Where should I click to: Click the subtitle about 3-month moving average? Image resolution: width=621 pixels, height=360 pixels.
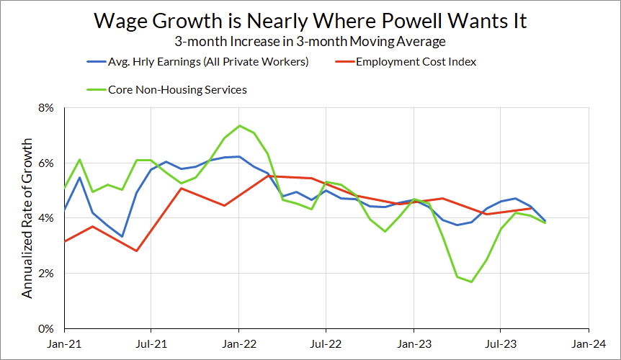(x=310, y=42)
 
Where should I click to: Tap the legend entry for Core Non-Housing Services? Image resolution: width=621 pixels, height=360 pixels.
(x=177, y=90)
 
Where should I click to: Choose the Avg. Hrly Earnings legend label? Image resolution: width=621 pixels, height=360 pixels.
(x=207, y=61)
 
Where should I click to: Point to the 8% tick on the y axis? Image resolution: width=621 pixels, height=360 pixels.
(x=46, y=108)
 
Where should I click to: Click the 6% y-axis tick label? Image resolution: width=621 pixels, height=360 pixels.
(x=46, y=163)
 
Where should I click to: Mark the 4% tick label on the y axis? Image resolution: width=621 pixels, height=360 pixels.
(x=46, y=218)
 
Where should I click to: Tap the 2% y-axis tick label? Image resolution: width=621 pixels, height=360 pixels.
(x=46, y=274)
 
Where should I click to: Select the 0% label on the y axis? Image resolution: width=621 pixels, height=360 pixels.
(x=46, y=328)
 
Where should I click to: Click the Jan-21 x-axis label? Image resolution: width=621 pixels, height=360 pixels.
(x=63, y=343)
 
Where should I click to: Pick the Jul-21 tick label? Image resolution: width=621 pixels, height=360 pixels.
(x=151, y=343)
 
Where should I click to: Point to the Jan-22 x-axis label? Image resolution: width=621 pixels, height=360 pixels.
(x=238, y=343)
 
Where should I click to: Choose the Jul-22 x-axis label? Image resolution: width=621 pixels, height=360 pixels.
(x=326, y=343)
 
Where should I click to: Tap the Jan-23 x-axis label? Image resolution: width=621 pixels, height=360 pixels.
(x=414, y=343)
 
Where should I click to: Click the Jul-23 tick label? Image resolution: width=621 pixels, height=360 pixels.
(x=501, y=343)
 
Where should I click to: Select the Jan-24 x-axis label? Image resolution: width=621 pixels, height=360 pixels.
(x=589, y=343)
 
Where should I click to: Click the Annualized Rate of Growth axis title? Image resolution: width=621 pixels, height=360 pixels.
(x=27, y=217)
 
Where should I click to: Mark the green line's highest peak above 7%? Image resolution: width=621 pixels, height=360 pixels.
(x=239, y=126)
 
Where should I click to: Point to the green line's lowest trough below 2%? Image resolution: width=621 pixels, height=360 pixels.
(x=472, y=282)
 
